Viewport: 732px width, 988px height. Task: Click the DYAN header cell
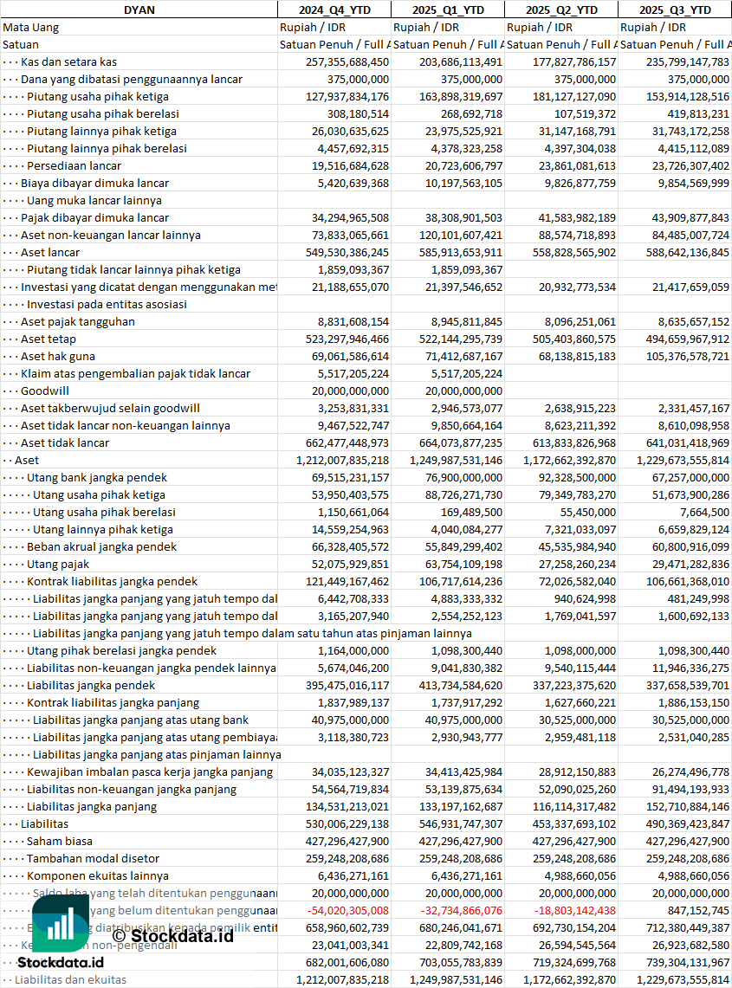pos(139,10)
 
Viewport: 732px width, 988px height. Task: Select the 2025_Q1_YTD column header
pos(447,10)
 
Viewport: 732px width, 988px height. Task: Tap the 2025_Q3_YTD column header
pos(675,10)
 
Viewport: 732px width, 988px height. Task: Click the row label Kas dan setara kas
pos(69,61)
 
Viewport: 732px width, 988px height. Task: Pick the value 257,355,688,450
pos(347,61)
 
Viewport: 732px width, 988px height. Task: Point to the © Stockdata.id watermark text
pos(172,935)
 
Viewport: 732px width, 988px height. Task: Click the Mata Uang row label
pos(30,27)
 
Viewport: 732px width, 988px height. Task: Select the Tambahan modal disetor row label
pos(93,858)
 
